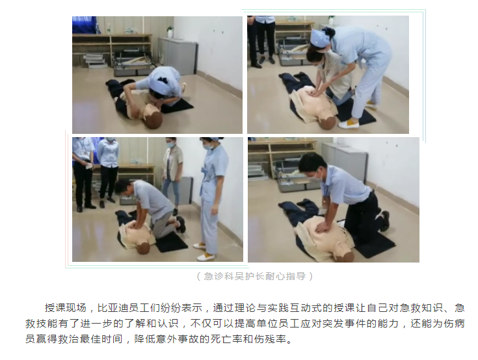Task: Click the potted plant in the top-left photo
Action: click(x=170, y=31)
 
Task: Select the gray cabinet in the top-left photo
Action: click(x=178, y=55)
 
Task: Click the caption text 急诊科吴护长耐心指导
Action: click(x=255, y=276)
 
